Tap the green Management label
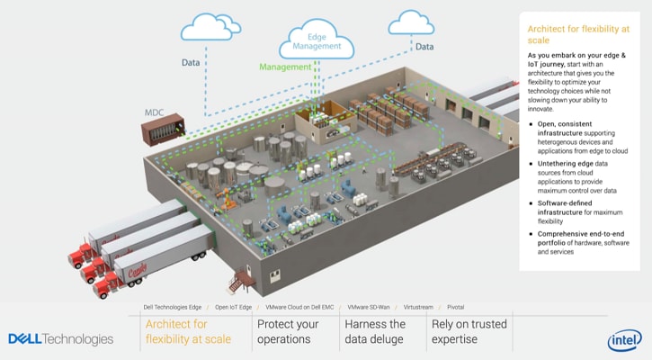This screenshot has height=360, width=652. point(286,67)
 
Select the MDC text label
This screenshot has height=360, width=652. point(155,112)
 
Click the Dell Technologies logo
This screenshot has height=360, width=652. point(60,339)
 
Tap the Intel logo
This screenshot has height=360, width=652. point(623,339)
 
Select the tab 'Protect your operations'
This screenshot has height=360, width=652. point(288,331)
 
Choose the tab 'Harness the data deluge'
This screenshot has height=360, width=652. point(375,331)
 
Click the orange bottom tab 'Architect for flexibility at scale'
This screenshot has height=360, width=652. point(188,331)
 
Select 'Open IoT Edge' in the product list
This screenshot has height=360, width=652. point(232,307)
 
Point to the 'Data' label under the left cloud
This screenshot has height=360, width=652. point(191,64)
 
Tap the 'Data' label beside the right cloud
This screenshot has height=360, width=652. point(424,47)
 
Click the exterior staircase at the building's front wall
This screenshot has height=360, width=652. point(238,282)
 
